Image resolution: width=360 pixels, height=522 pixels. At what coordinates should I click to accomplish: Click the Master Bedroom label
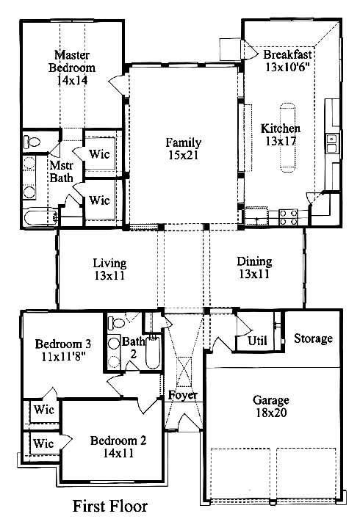coord(72,68)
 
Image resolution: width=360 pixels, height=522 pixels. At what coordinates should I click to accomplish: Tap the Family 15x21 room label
coord(184,149)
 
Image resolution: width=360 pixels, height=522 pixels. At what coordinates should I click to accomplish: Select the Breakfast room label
coord(288,54)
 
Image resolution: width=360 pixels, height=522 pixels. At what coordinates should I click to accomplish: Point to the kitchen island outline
coord(287,137)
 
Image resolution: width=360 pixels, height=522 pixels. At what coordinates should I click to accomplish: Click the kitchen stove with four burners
coord(289,217)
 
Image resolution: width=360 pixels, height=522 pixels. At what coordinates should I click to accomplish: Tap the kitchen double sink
coord(332,143)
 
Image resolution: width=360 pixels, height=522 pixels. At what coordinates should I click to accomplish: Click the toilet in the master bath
coord(32,142)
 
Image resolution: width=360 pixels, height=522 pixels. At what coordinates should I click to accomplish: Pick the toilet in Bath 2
coord(117,322)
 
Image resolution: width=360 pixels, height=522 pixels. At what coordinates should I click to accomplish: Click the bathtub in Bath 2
coord(153,352)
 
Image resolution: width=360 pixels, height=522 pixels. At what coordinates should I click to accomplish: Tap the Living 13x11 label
coord(109,269)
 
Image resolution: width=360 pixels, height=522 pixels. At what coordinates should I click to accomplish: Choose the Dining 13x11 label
coord(254,268)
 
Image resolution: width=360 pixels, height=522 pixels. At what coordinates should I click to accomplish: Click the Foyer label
coord(182,395)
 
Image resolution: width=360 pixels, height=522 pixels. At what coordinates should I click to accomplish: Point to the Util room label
coord(257,340)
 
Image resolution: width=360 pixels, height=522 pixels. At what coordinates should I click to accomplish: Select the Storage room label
coord(314,338)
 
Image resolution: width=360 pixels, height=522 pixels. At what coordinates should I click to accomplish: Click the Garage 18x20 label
coord(271,406)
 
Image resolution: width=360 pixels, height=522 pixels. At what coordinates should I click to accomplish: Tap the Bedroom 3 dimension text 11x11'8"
coord(64,357)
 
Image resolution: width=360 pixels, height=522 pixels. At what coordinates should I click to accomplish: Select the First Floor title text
coord(110,506)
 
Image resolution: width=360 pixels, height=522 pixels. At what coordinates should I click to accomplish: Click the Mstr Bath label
coord(61,171)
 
